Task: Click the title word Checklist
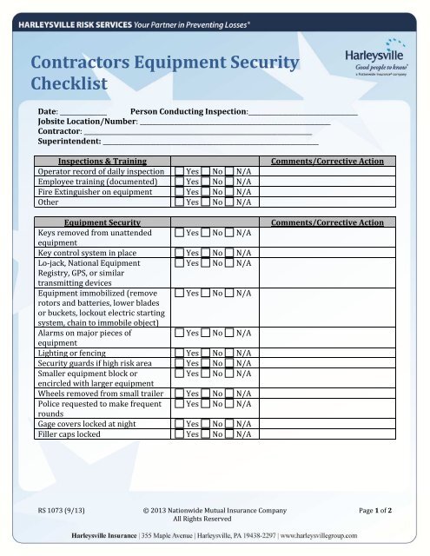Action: pyautogui.click(x=69, y=84)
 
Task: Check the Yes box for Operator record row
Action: pyautogui.click(x=179, y=172)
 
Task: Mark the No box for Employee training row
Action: pyautogui.click(x=205, y=182)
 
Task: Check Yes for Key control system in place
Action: pyautogui.click(x=179, y=252)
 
